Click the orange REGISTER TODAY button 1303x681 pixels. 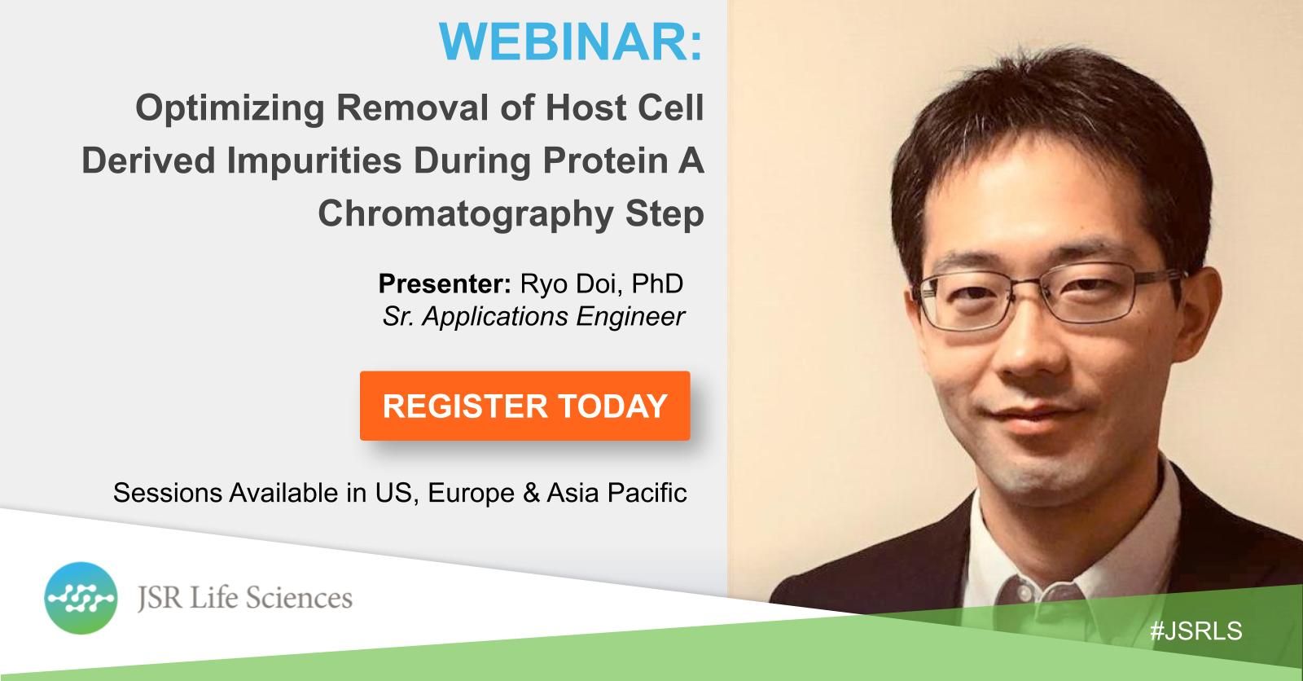pos(524,406)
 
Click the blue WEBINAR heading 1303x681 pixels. pos(571,42)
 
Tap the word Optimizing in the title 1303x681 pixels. pos(230,109)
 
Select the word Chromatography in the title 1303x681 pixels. pos(466,214)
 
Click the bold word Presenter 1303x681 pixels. pos(445,284)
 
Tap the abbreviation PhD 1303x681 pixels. pos(657,284)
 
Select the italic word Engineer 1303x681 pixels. pos(630,318)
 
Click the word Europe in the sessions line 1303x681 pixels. pos(472,493)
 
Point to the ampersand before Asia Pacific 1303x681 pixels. pos(531,493)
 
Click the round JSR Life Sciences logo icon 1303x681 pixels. pos(81,598)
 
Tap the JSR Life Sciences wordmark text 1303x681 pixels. pos(245,598)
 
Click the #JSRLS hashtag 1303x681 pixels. pos(1196,631)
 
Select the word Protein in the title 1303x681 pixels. pos(605,161)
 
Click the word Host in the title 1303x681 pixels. pos(586,109)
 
